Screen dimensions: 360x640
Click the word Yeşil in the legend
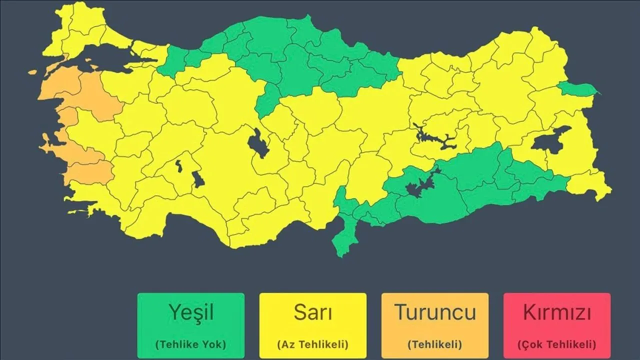(x=191, y=312)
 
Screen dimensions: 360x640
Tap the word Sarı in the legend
(x=312, y=312)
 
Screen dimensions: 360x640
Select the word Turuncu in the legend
(x=435, y=312)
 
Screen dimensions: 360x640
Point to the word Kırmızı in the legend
(x=557, y=312)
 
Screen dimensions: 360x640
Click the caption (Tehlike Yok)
(x=191, y=344)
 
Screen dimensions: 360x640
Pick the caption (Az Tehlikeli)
(x=312, y=344)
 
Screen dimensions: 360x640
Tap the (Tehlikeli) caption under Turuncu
(x=435, y=344)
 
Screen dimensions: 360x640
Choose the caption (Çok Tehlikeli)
(x=557, y=344)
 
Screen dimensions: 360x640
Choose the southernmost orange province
(x=90, y=172)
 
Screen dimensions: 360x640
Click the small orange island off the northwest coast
(x=32, y=72)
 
